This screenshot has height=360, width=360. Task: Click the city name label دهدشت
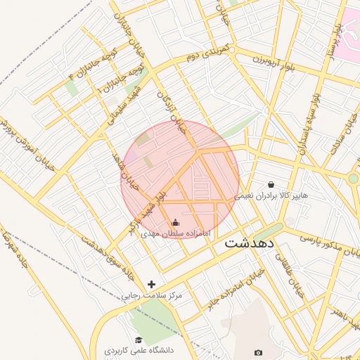pyautogui.click(x=252, y=243)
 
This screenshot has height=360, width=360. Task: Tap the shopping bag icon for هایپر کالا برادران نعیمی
pyautogui.click(x=271, y=184)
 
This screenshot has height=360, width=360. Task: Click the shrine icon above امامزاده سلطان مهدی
pyautogui.click(x=175, y=223)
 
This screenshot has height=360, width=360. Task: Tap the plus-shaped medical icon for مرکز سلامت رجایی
pyautogui.click(x=151, y=284)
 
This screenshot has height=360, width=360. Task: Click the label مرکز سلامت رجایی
pyautogui.click(x=151, y=295)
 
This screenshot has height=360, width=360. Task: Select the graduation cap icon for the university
pyautogui.click(x=139, y=340)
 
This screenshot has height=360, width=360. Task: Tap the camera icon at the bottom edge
pyautogui.click(x=258, y=352)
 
